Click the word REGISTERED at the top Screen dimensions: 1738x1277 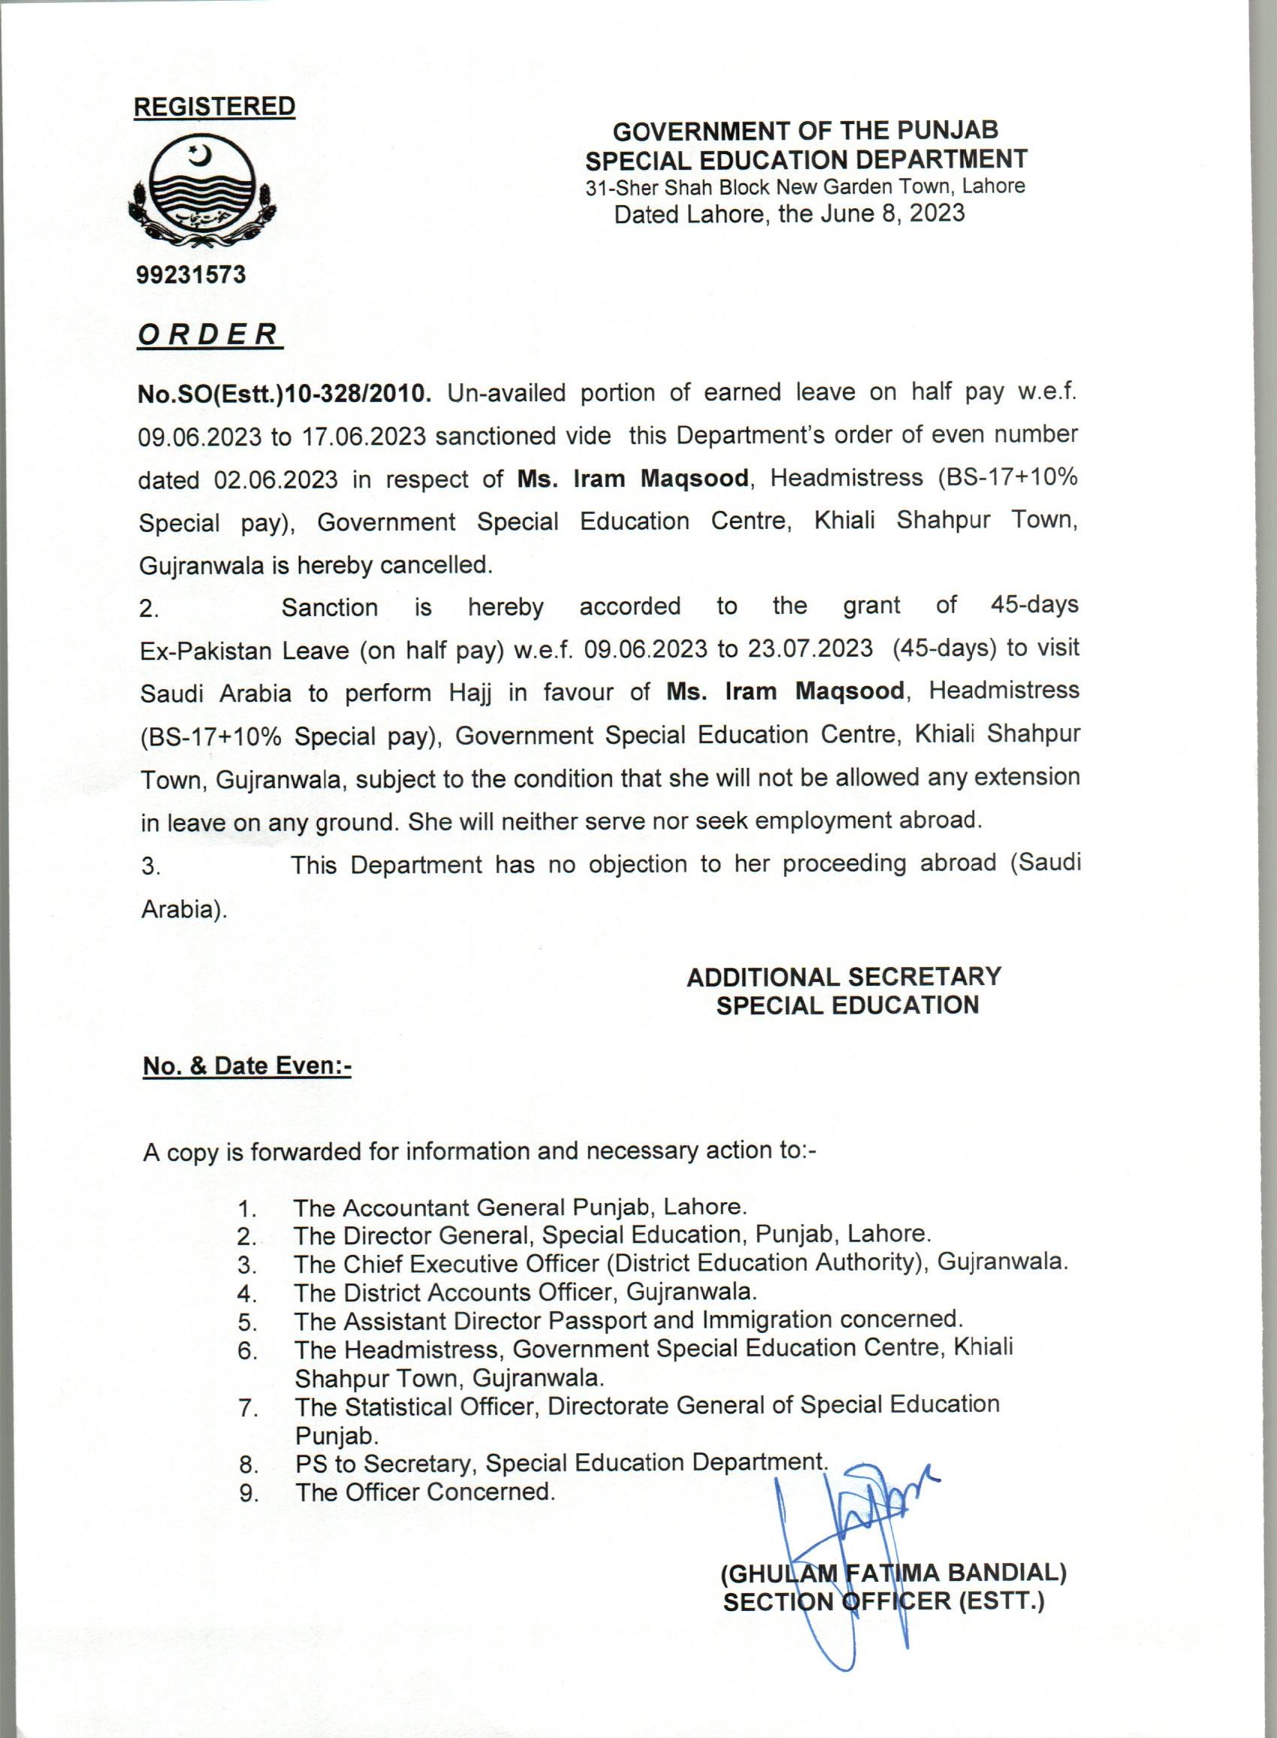(214, 106)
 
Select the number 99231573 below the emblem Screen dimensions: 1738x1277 (190, 274)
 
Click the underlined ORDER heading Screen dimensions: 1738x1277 (209, 334)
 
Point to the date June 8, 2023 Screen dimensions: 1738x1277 (892, 213)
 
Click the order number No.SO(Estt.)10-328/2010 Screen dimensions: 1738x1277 (284, 394)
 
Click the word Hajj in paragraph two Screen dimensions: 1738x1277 (472, 693)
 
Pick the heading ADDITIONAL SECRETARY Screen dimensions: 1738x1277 (844, 977)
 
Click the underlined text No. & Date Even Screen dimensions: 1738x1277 (247, 1066)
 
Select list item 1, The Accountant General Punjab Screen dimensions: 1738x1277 (520, 1207)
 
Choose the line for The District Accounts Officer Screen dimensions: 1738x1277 (525, 1291)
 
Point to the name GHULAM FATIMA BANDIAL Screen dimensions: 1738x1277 (893, 1573)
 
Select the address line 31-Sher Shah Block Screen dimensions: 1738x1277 (805, 186)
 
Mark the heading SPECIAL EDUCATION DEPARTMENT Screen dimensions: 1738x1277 (805, 159)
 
